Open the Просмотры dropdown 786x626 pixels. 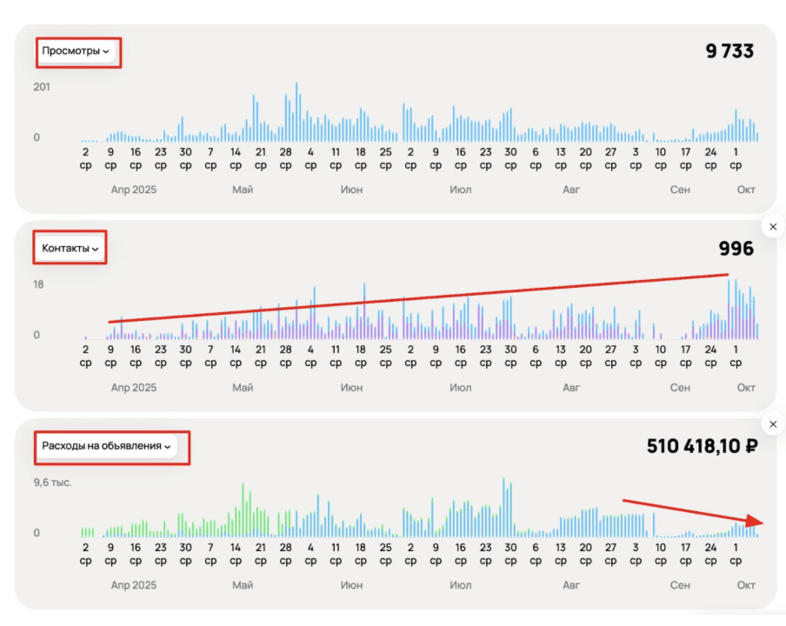point(76,51)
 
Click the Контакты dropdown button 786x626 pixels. point(70,249)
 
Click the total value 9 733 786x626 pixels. point(729,51)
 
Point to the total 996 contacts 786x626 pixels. point(736,249)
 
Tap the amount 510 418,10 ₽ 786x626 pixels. point(700,446)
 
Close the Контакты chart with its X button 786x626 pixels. point(773,227)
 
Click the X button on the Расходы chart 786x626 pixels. point(773,424)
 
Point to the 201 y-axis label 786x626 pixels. point(42,87)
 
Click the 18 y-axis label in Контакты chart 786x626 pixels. point(38,284)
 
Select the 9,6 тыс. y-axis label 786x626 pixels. point(52,482)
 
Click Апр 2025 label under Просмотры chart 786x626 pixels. point(134,190)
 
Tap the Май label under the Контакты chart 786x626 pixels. point(243,388)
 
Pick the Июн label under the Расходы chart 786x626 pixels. point(352,585)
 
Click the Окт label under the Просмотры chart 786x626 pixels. point(746,190)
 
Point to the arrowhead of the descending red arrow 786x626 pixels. point(759,522)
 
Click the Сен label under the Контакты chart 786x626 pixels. point(680,388)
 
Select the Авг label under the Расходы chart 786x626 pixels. point(571,585)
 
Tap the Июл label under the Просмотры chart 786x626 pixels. point(461,190)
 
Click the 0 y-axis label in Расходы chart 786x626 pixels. point(37,533)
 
